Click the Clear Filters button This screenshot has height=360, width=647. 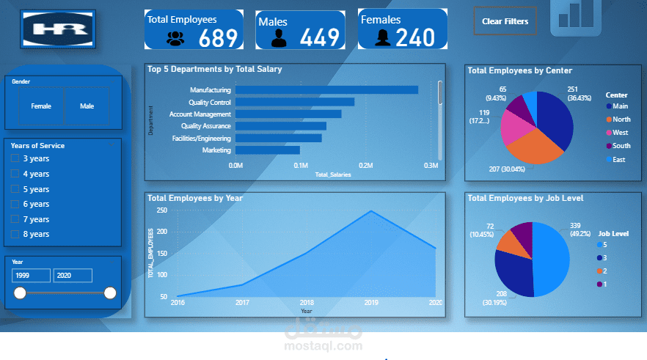coord(505,21)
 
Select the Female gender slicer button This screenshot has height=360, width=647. coord(41,106)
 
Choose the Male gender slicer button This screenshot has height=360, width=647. coord(87,106)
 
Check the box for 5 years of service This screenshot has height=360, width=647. coord(15,189)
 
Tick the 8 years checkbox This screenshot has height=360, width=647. coord(15,234)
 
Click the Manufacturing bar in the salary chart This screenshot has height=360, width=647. coord(326,90)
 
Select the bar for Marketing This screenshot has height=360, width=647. coord(267,150)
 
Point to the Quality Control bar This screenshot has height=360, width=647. coord(294,102)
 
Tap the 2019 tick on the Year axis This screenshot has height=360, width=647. coord(371,302)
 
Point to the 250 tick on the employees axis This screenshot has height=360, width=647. coord(162,210)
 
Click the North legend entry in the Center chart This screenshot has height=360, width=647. coord(620,120)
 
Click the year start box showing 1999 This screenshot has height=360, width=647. coord(31,275)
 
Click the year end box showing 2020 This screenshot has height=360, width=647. coord(73,275)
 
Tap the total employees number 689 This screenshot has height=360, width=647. coord(219,38)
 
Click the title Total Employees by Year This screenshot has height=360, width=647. coord(195,198)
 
